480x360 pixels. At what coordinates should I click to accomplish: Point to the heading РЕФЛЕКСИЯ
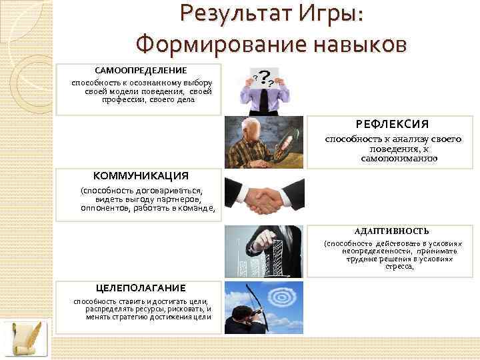click(382, 125)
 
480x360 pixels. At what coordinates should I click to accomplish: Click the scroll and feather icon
click(26, 339)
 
